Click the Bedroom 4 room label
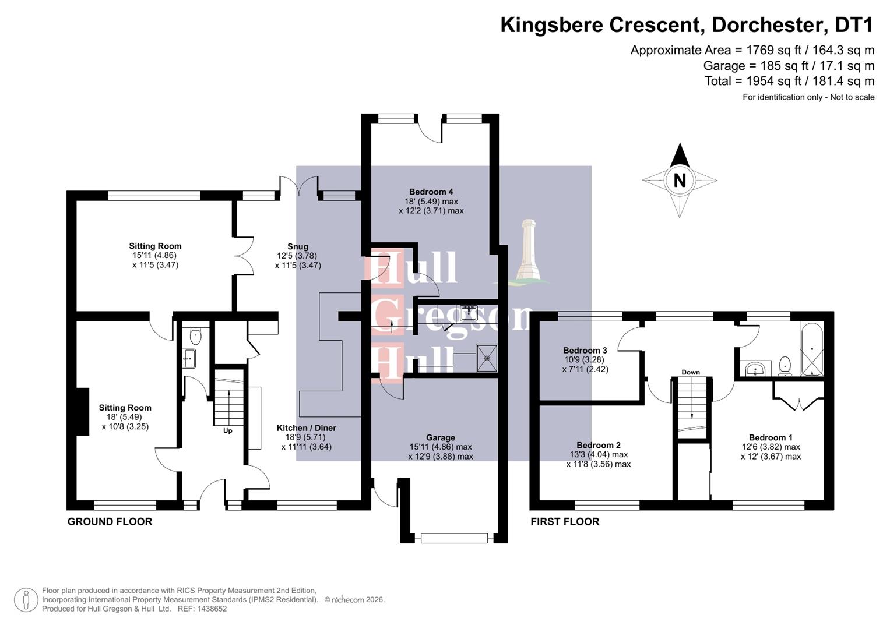point(431,192)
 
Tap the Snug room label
point(297,246)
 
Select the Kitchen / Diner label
point(306,428)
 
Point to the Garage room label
point(440,437)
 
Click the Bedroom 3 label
point(585,350)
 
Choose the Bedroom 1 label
point(771,437)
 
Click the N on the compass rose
point(679,181)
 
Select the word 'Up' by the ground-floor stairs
point(228,431)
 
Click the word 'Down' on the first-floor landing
point(691,372)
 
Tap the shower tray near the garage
point(487,358)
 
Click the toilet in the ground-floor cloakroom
point(196,336)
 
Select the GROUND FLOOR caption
point(110,522)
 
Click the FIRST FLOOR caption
point(564,522)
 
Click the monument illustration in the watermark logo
point(528,252)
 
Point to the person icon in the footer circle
point(26,599)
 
